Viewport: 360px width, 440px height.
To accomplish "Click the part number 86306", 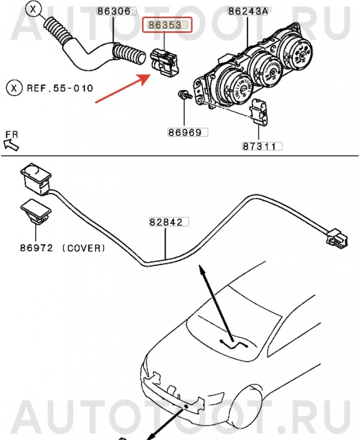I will point(113,10).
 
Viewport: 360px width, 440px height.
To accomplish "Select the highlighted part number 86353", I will point(166,25).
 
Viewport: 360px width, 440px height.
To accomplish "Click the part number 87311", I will point(262,146).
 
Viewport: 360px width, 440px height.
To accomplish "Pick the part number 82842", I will point(168,222).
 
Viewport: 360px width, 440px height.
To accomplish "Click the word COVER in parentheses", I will point(83,248).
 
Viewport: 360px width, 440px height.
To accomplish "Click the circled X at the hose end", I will point(34,9).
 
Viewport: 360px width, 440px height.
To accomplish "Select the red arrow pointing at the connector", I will point(123,87).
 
